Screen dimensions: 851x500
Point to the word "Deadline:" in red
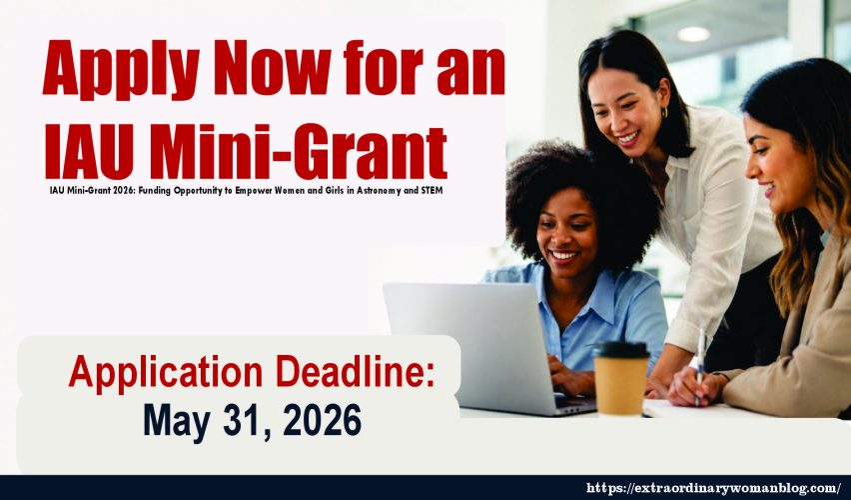point(355,372)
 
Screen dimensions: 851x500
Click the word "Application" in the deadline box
point(166,374)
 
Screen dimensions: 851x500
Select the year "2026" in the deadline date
point(322,420)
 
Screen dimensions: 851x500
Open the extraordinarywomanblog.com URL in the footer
point(713,488)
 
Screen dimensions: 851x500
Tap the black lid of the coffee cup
point(621,349)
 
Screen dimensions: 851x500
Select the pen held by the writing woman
point(699,364)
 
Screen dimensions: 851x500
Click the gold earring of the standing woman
point(664,112)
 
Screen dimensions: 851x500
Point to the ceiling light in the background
point(693,34)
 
